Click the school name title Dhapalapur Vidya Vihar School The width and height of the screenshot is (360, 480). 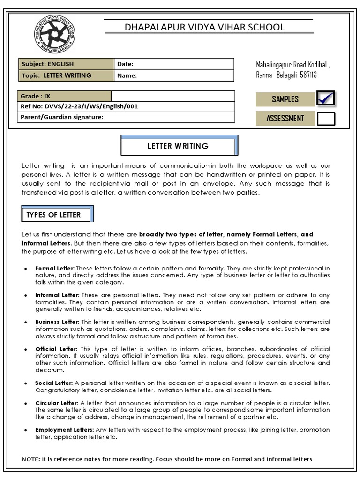point(204,27)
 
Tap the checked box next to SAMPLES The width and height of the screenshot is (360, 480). point(326,99)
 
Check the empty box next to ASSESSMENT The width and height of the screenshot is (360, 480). point(326,119)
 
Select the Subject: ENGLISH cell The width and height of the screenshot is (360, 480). point(66,64)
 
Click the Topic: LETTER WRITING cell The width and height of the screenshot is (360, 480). point(66,75)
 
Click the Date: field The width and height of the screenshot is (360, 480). point(173,64)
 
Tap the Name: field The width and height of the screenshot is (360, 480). point(173,75)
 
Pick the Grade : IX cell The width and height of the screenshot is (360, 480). point(64,96)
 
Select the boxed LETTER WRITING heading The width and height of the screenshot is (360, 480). point(178,146)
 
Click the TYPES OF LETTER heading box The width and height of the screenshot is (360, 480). point(54,215)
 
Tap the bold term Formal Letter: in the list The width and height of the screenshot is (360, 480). point(55,268)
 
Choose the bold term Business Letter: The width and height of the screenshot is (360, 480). point(58,322)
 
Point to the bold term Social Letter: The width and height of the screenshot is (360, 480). point(54,383)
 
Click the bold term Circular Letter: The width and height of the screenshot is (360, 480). point(57,403)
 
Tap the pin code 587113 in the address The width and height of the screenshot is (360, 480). point(306,75)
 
